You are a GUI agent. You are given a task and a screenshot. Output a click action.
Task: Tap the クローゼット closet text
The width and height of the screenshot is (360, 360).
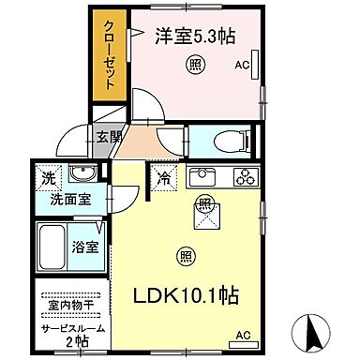coord(110,52)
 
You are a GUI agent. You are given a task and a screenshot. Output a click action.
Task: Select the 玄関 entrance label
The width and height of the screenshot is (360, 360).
coord(108,137)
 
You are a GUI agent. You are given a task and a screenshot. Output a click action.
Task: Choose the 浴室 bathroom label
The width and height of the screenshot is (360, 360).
coord(83,247)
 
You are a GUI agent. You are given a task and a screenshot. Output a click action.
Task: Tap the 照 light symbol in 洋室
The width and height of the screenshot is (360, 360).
coord(194,65)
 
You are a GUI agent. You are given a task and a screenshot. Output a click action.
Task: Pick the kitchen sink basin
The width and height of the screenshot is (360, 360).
coord(202,177)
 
